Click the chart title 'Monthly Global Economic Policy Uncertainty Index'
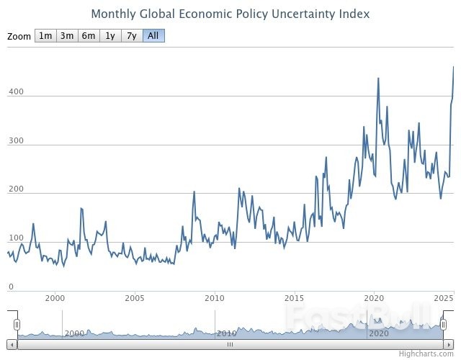pos(230,14)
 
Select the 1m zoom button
pos(45,36)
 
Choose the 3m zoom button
pos(67,36)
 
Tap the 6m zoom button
pos(89,36)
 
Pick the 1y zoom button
pos(110,36)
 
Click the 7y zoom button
pos(132,36)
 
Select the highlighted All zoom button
pos(153,36)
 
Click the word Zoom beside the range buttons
pos(19,37)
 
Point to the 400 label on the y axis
pos(16,92)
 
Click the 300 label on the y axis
pos(16,141)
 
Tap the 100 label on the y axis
pos(16,238)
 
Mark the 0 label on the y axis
pos(11,287)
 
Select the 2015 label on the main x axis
pos(294,298)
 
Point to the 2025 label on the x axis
pos(444,298)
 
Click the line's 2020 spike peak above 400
pos(378,78)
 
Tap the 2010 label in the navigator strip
pos(227,333)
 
